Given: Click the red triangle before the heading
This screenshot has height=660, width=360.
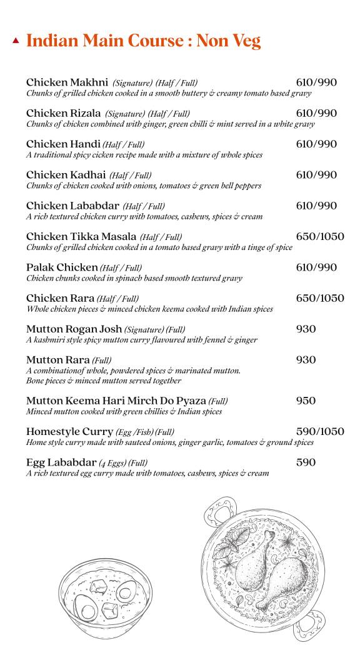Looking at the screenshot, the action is [x=16, y=41].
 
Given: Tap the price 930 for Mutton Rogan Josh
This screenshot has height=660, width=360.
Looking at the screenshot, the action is [x=306, y=329].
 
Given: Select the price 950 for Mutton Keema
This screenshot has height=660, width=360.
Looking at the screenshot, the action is [x=306, y=401].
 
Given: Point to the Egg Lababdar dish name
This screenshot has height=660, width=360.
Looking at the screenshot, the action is [x=61, y=462].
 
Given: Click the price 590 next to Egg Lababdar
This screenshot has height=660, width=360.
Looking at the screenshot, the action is [x=306, y=462].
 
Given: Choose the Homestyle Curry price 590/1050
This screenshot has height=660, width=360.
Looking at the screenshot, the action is [x=320, y=431].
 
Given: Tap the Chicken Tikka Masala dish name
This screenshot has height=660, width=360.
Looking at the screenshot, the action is [x=81, y=236].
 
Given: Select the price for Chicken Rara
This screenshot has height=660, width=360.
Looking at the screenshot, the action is [x=320, y=298].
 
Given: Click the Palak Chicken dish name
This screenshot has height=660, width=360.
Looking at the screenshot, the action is [x=62, y=267].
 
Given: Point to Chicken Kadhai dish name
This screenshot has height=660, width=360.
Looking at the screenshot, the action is [x=66, y=175].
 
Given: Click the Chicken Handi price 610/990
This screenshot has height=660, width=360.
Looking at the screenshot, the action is [x=316, y=144].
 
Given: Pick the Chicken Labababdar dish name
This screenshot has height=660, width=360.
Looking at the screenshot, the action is [x=72, y=206].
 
